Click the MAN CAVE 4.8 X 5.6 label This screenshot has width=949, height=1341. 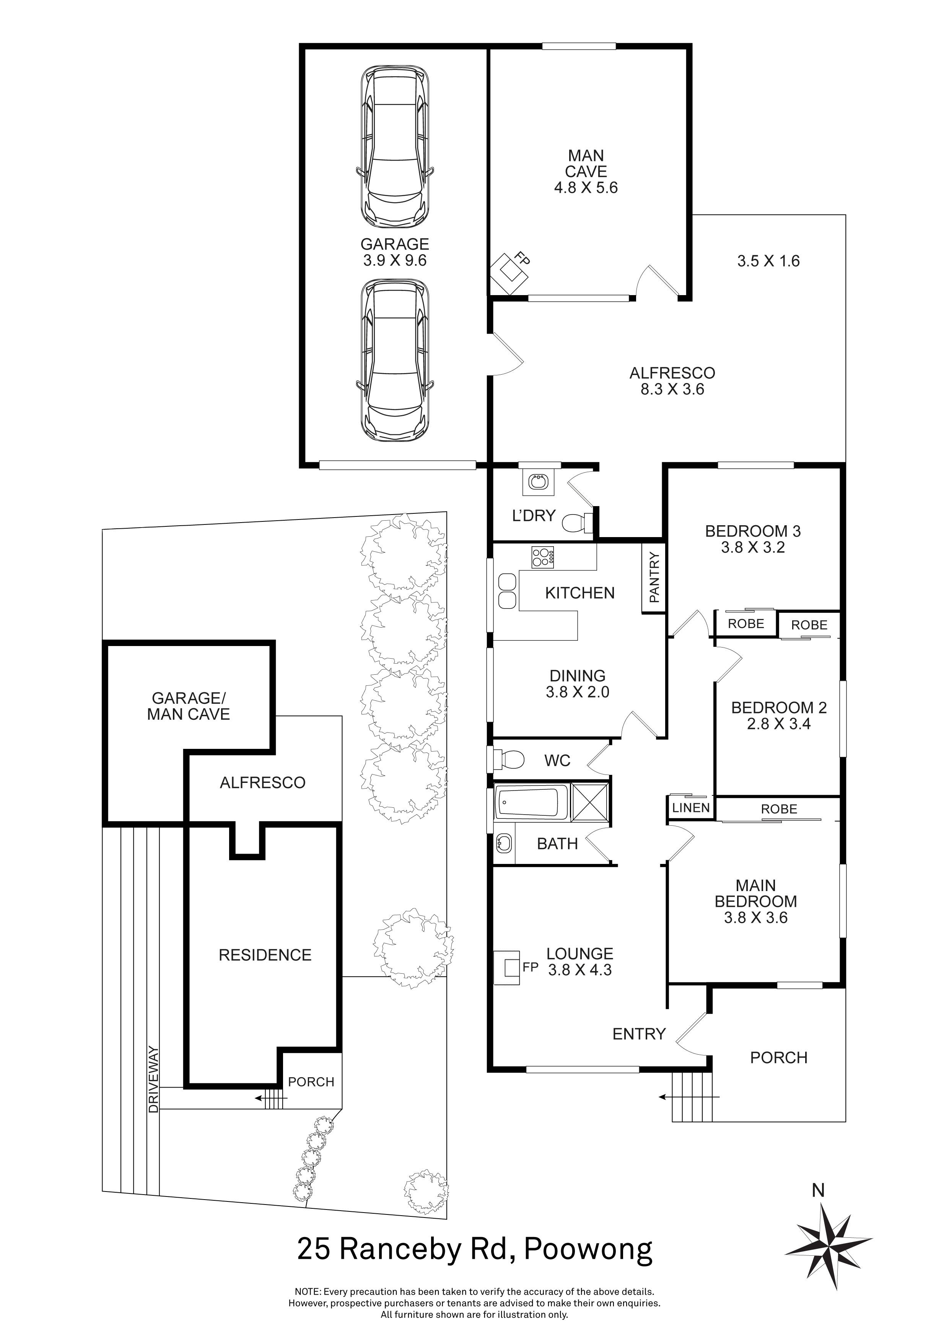pos(586,172)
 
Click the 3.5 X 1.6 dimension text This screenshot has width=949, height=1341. pos(768,261)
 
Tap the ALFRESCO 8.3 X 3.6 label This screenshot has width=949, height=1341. pos(672,381)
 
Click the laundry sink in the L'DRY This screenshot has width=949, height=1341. pos(537,482)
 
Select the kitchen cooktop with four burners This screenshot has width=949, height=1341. pos(542,557)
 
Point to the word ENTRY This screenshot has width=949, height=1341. pos(639,1034)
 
